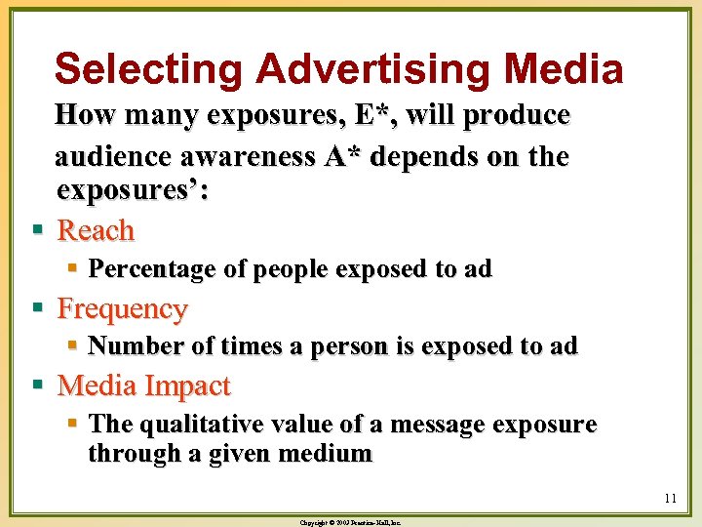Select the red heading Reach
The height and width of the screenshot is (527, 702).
pos(96,231)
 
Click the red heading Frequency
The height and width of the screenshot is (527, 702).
pos(122,309)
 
